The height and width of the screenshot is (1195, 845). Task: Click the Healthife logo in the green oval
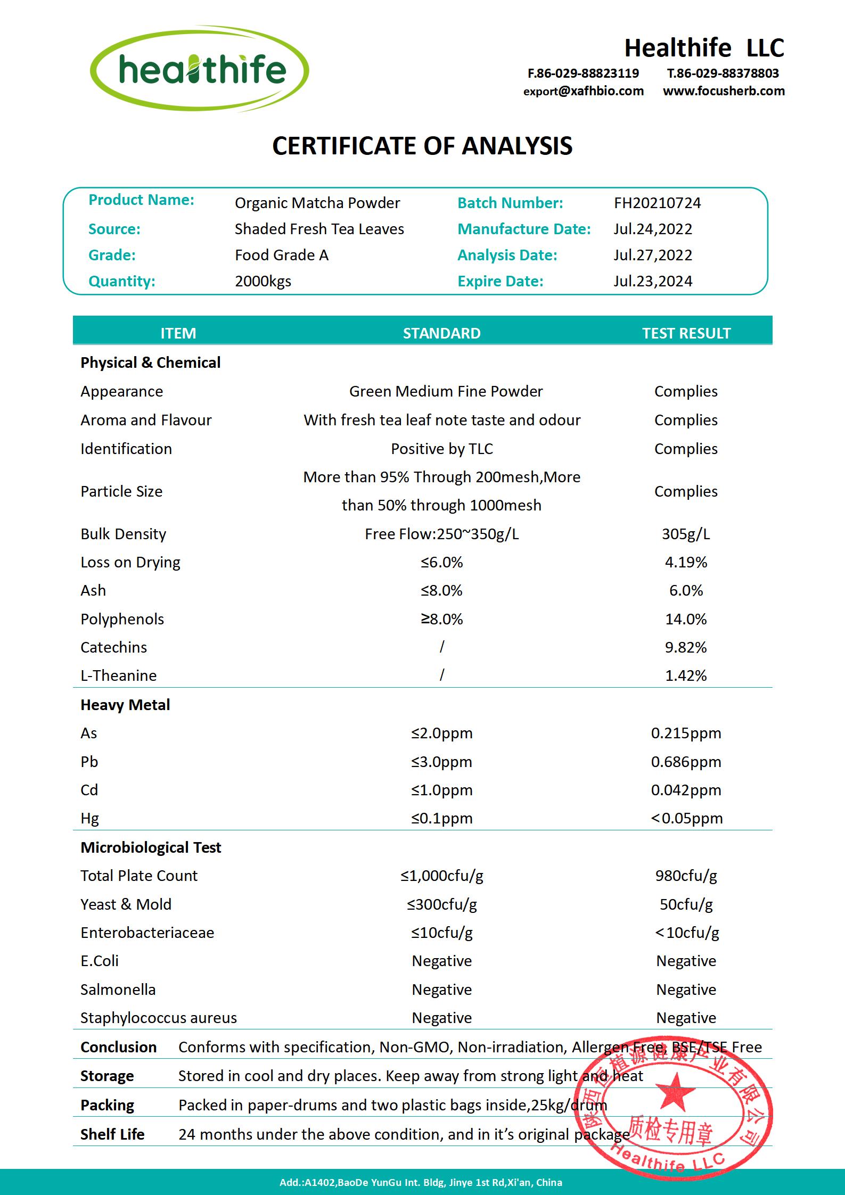200,69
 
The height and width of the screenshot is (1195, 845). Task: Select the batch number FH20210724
657,203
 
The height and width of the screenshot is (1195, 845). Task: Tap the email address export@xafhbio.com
583,91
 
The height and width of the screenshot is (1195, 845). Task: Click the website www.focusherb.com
724,91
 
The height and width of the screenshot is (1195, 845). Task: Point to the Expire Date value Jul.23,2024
652,281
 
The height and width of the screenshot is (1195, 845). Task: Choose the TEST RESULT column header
686,333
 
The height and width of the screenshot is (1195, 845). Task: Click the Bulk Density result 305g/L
686,534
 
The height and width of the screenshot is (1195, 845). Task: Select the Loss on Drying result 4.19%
686,562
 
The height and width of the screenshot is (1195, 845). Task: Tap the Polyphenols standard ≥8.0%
441,619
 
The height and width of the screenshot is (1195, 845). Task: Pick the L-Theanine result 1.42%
686,675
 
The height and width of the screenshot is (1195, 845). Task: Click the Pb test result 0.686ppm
686,762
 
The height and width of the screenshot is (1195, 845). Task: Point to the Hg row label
89,818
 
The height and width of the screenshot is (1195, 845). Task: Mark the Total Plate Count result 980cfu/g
686,876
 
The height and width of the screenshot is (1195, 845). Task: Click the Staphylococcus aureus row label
158,1018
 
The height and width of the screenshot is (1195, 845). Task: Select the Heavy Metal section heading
125,705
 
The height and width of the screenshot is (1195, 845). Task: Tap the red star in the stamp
675,1090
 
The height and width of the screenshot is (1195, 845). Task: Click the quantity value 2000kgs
263,281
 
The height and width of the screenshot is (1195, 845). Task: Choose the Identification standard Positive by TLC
441,449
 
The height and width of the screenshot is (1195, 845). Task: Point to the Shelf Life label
112,1134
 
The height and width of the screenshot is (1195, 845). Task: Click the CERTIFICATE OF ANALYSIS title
422,146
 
